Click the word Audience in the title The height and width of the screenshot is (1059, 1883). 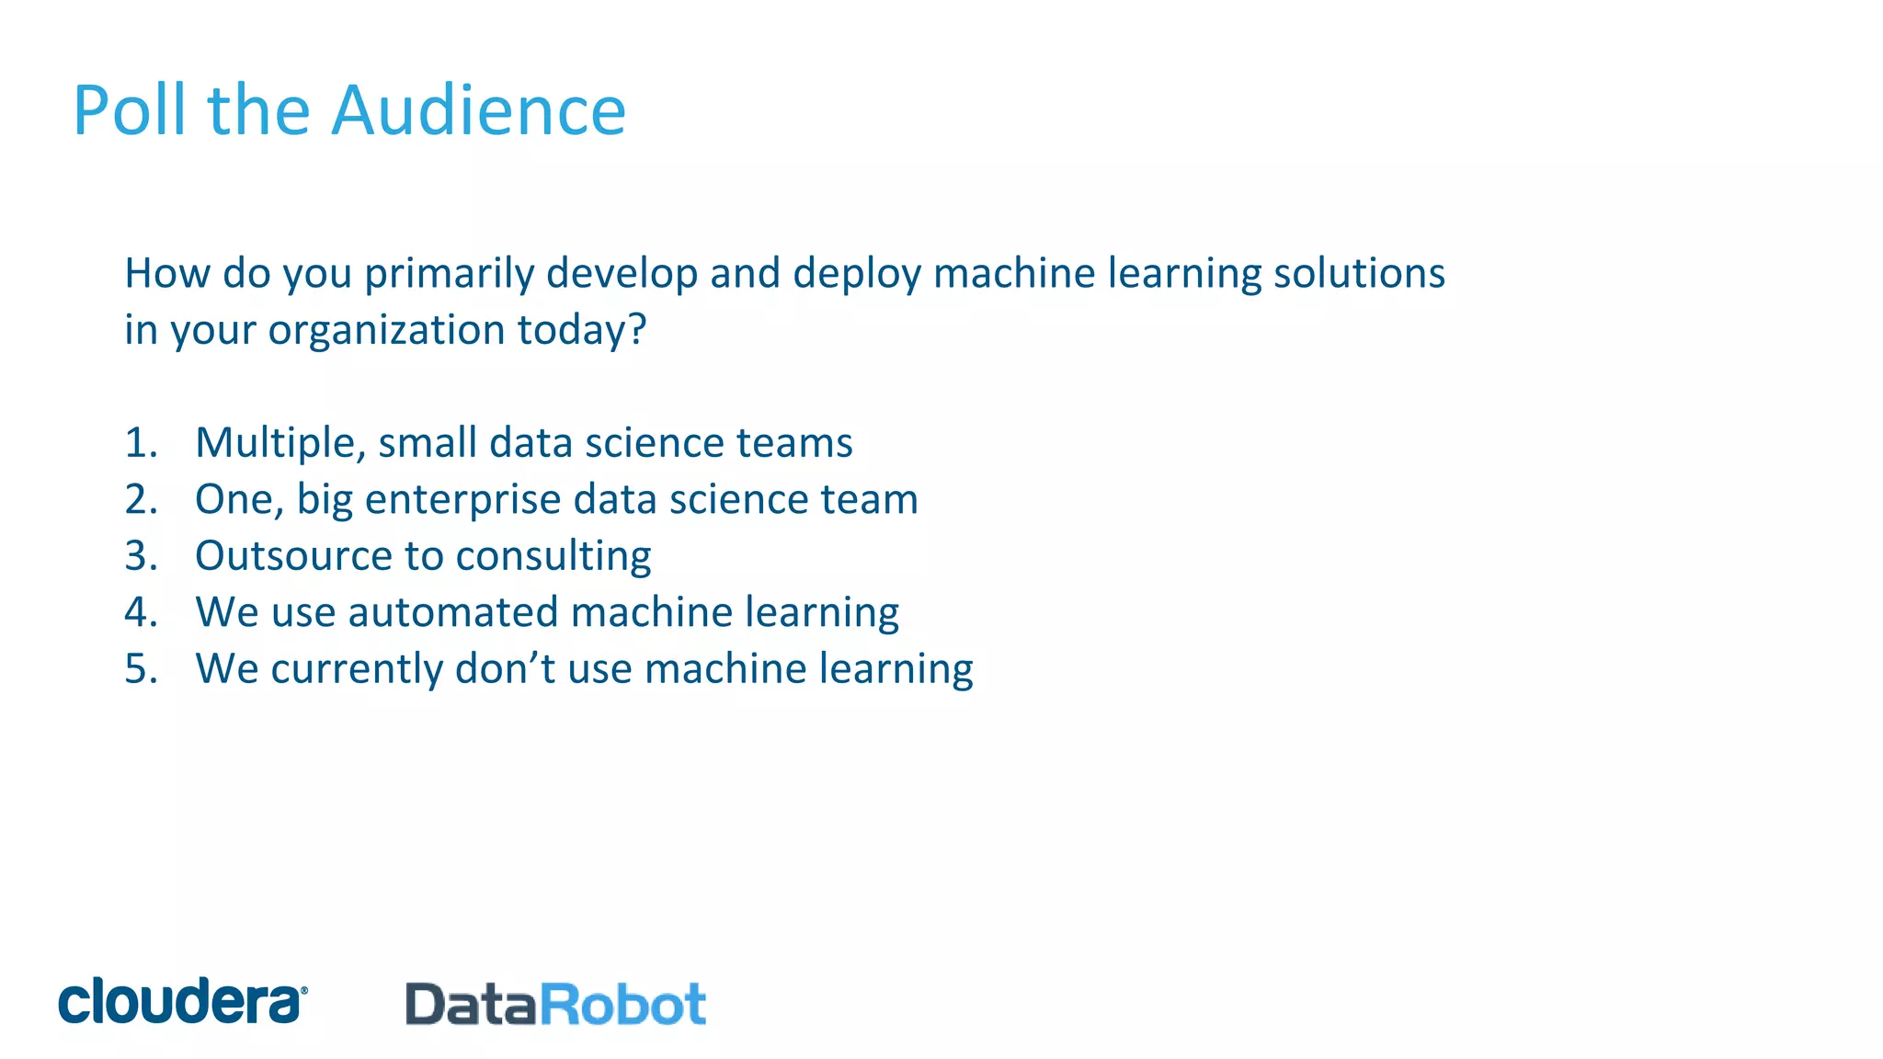click(478, 110)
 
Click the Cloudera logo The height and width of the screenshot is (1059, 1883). click(182, 1001)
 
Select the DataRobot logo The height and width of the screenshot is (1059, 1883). click(555, 1004)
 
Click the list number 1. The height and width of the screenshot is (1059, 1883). click(140, 443)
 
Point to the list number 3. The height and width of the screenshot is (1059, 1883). click(140, 556)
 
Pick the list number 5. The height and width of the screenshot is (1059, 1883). click(140, 669)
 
